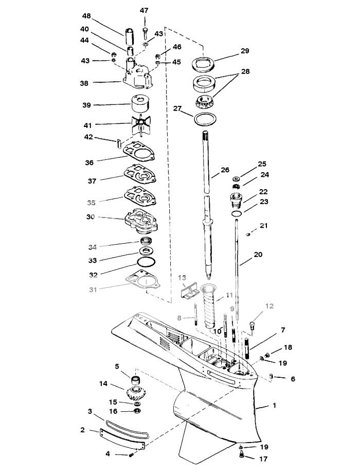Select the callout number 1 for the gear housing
274,405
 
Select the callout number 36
90,162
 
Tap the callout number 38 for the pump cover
84,82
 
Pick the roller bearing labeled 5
137,380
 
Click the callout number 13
182,278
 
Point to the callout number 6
293,379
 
